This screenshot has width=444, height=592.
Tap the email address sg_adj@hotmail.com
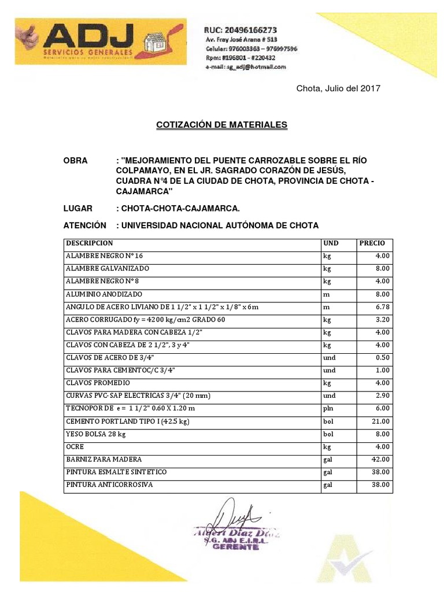(x=246, y=68)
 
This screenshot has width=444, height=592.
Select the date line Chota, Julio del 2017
(x=338, y=88)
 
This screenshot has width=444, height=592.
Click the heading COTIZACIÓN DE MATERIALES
(x=221, y=125)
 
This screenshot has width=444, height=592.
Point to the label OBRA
(x=76, y=160)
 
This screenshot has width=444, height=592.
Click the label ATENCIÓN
(x=85, y=225)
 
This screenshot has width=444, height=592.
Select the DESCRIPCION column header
(x=90, y=243)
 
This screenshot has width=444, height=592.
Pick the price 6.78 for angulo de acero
(x=382, y=307)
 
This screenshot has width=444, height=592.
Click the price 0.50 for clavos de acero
(x=382, y=358)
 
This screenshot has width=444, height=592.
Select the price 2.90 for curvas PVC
(x=382, y=396)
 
